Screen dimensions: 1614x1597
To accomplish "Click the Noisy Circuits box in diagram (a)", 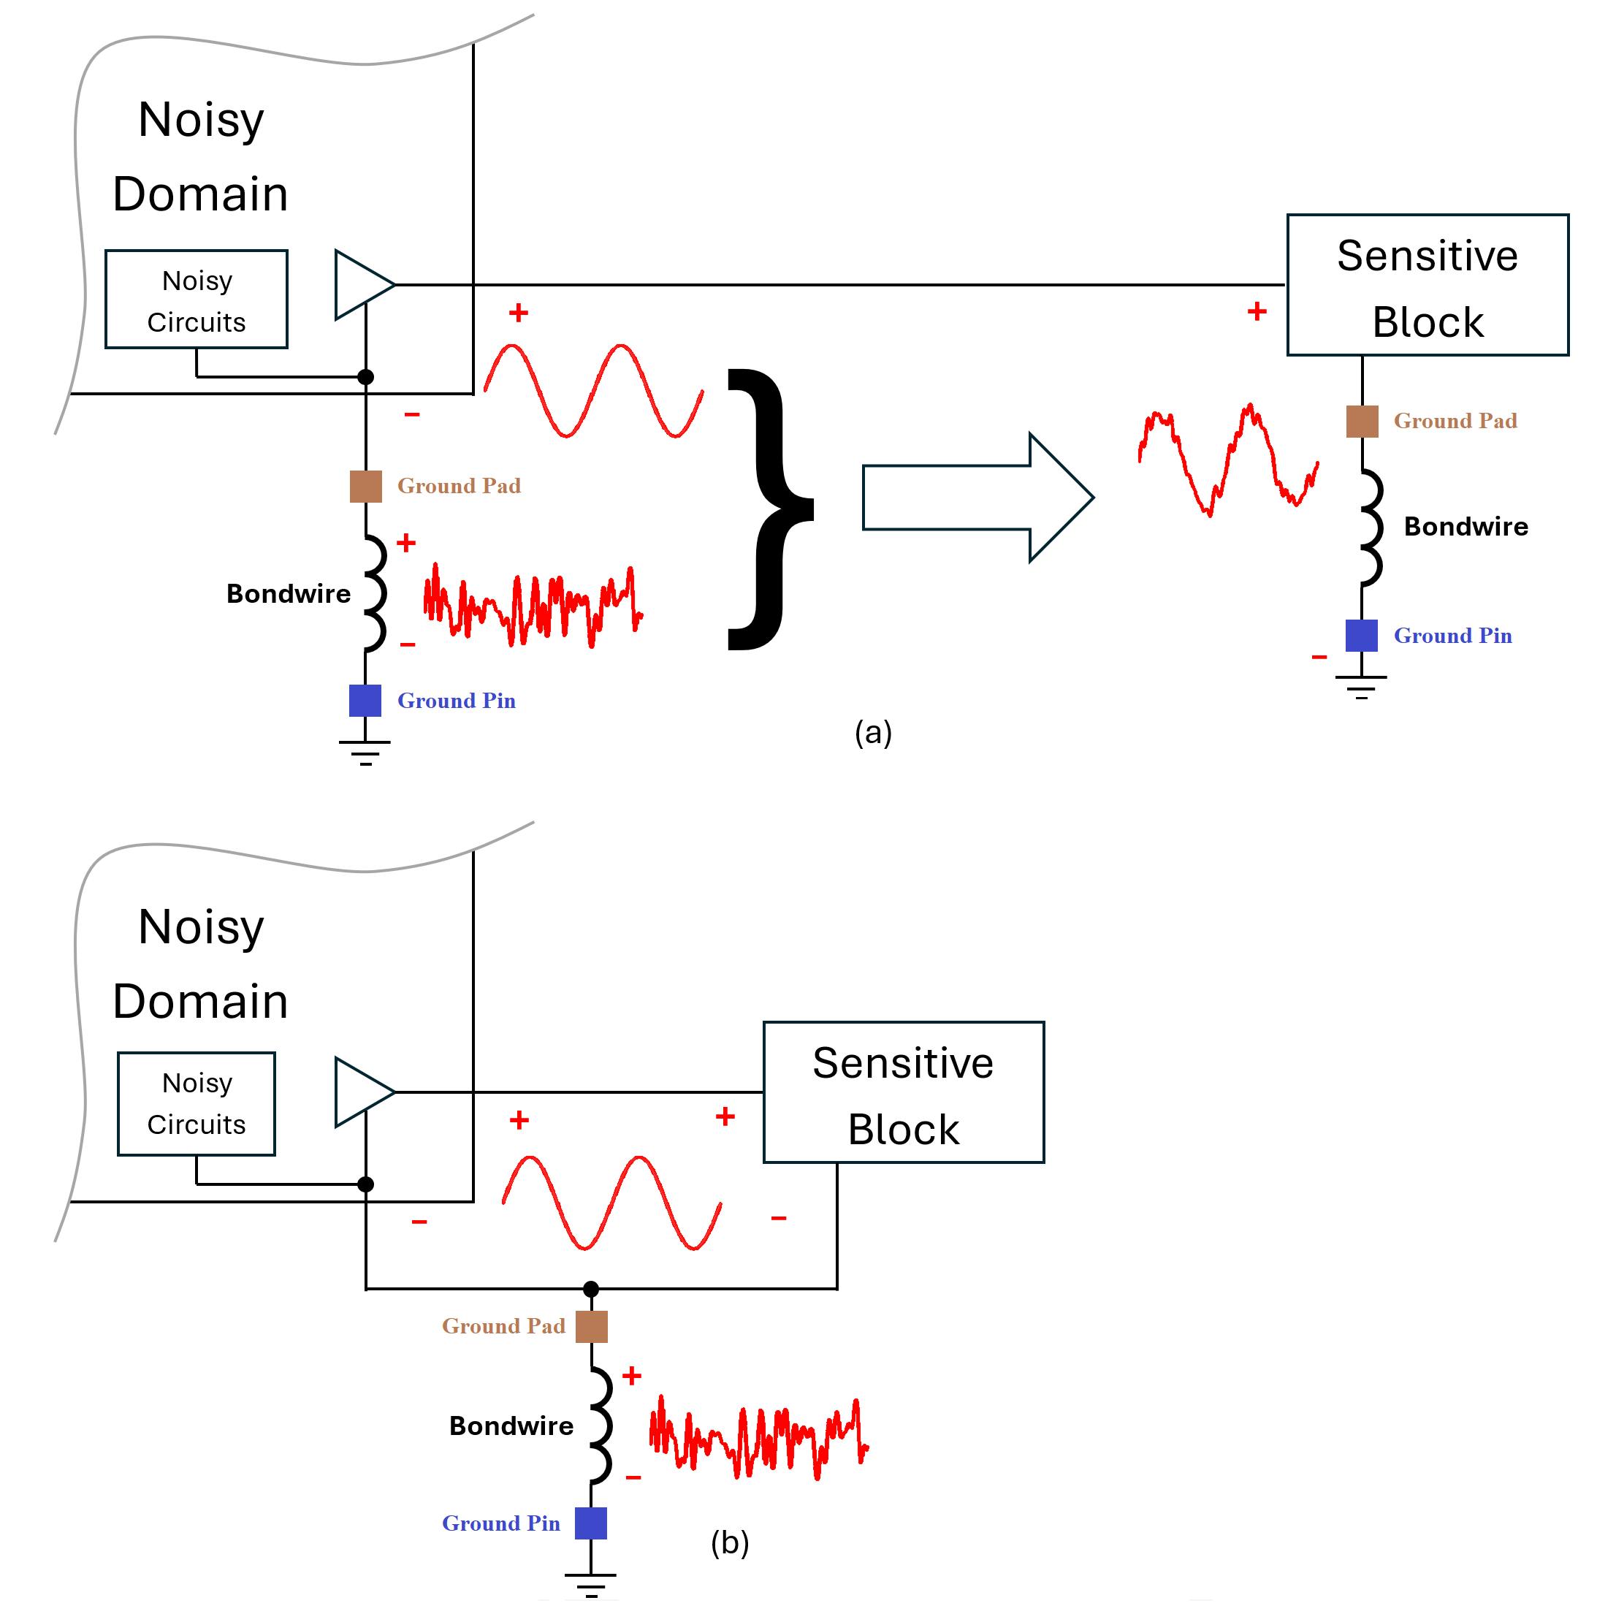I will [197, 299].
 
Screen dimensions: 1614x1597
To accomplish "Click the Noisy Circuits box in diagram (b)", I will [197, 1103].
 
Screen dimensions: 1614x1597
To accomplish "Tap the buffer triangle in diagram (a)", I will [359, 285].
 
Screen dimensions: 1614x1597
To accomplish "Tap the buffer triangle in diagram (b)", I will [359, 1092].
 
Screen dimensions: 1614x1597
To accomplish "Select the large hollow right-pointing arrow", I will [977, 498].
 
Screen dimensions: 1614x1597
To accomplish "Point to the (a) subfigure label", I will [873, 733].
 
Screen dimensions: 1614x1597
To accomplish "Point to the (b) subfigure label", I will [729, 1542].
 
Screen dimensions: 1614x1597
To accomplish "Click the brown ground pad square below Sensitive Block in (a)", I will [1362, 421].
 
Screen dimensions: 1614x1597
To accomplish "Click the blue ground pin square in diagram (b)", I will [590, 1523].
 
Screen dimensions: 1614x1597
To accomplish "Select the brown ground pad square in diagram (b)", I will [591, 1326].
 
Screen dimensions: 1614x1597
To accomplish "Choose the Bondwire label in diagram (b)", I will [511, 1425].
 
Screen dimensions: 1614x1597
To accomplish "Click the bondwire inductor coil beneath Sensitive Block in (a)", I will [1370, 526].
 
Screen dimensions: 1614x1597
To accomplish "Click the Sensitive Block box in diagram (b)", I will [904, 1092].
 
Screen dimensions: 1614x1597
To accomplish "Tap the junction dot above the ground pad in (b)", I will [590, 1288].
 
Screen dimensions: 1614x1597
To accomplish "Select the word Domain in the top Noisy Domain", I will [200, 194].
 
